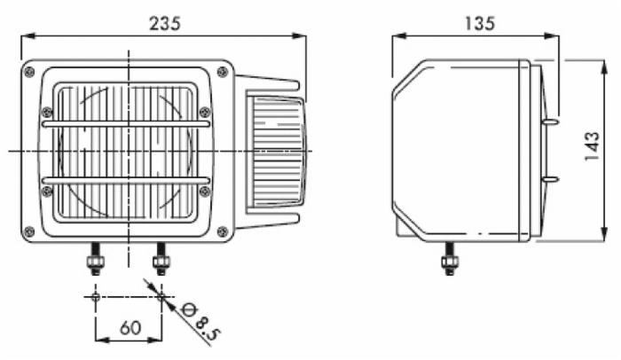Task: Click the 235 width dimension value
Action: (x=165, y=24)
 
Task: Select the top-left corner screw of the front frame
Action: (x=29, y=72)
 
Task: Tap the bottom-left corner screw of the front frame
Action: (x=29, y=231)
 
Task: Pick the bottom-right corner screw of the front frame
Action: (x=222, y=231)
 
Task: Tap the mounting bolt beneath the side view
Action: (x=450, y=258)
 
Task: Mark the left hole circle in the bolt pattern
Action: (x=95, y=297)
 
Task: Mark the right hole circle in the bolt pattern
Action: (x=161, y=297)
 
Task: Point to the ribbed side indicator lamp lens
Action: (x=275, y=152)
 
